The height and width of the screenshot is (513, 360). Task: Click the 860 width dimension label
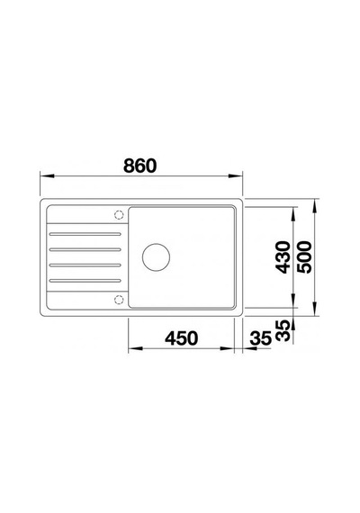coord(140,166)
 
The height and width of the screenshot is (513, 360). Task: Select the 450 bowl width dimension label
coord(181,338)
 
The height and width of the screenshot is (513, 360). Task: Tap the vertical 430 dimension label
coord(283,256)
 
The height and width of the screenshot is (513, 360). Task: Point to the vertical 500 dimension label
coord(305,256)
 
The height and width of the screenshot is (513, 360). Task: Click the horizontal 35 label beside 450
coord(261,338)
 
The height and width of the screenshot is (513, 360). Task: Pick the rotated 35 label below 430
coord(283,331)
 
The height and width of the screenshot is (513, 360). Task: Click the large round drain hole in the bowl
coord(156,257)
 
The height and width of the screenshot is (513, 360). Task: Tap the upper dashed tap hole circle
coord(119,215)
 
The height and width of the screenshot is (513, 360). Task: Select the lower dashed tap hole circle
coord(119,300)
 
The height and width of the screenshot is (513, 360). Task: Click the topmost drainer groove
coord(85,234)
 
